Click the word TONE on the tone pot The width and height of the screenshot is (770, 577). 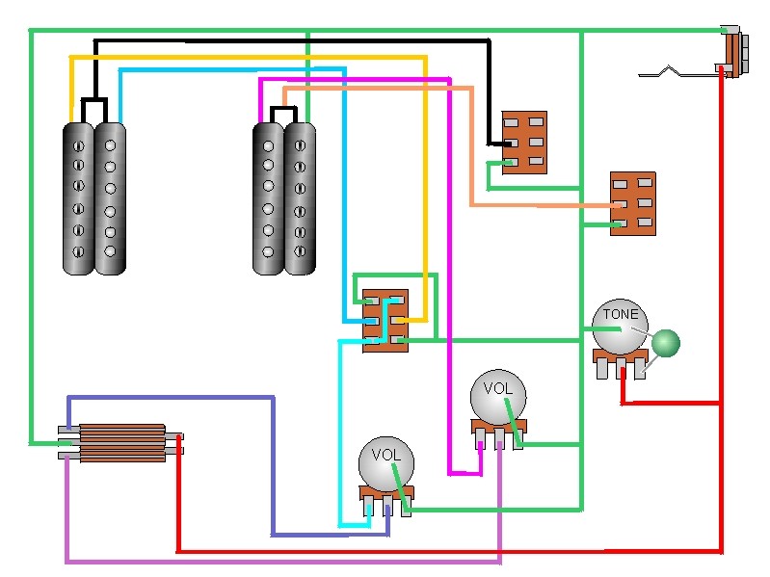click(620, 314)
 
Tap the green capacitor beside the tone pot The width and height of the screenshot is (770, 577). click(665, 343)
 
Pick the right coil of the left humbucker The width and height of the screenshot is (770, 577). click(110, 198)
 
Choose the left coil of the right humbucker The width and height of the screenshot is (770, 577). click(268, 198)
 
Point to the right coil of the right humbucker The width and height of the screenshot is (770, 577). click(300, 198)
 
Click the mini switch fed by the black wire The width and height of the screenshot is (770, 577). click(524, 142)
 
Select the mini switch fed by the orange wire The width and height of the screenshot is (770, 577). click(632, 203)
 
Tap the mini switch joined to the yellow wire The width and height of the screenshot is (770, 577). click(385, 320)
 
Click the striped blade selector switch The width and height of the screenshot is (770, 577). click(121, 443)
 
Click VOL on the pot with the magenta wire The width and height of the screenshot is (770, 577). click(497, 389)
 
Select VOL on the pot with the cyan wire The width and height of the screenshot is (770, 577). click(385, 455)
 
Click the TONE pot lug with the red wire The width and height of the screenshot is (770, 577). click(623, 370)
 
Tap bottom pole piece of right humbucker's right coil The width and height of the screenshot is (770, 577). click(300, 254)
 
